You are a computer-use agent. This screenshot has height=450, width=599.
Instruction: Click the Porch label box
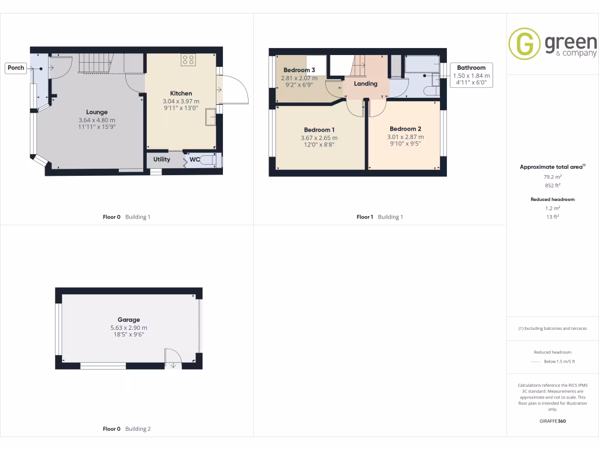[x=16, y=68]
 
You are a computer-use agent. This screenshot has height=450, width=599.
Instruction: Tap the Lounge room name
[x=97, y=112]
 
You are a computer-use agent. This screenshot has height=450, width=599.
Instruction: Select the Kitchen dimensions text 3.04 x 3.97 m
[x=181, y=101]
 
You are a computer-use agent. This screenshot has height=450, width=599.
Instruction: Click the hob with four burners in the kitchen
[x=188, y=60]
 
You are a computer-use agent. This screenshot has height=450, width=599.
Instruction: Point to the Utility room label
[x=162, y=159]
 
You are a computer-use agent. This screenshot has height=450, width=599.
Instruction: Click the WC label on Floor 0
[x=195, y=159]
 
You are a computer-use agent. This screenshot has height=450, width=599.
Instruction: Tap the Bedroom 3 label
[x=299, y=70]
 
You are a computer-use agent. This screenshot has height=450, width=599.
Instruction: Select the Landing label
[x=366, y=84]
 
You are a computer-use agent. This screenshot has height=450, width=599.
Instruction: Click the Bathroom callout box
[x=471, y=75]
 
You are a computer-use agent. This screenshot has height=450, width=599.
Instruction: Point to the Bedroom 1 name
[x=319, y=129]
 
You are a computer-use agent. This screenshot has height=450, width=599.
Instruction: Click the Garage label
[x=129, y=320]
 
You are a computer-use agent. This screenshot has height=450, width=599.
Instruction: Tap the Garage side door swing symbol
[x=173, y=357]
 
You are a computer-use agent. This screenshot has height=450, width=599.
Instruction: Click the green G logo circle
[x=524, y=44]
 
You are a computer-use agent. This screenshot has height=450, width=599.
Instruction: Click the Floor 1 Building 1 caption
[x=380, y=217]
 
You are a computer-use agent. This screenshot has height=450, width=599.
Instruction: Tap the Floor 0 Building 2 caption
[x=126, y=429]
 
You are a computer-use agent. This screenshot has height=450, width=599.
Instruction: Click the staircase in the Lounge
[x=94, y=62]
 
